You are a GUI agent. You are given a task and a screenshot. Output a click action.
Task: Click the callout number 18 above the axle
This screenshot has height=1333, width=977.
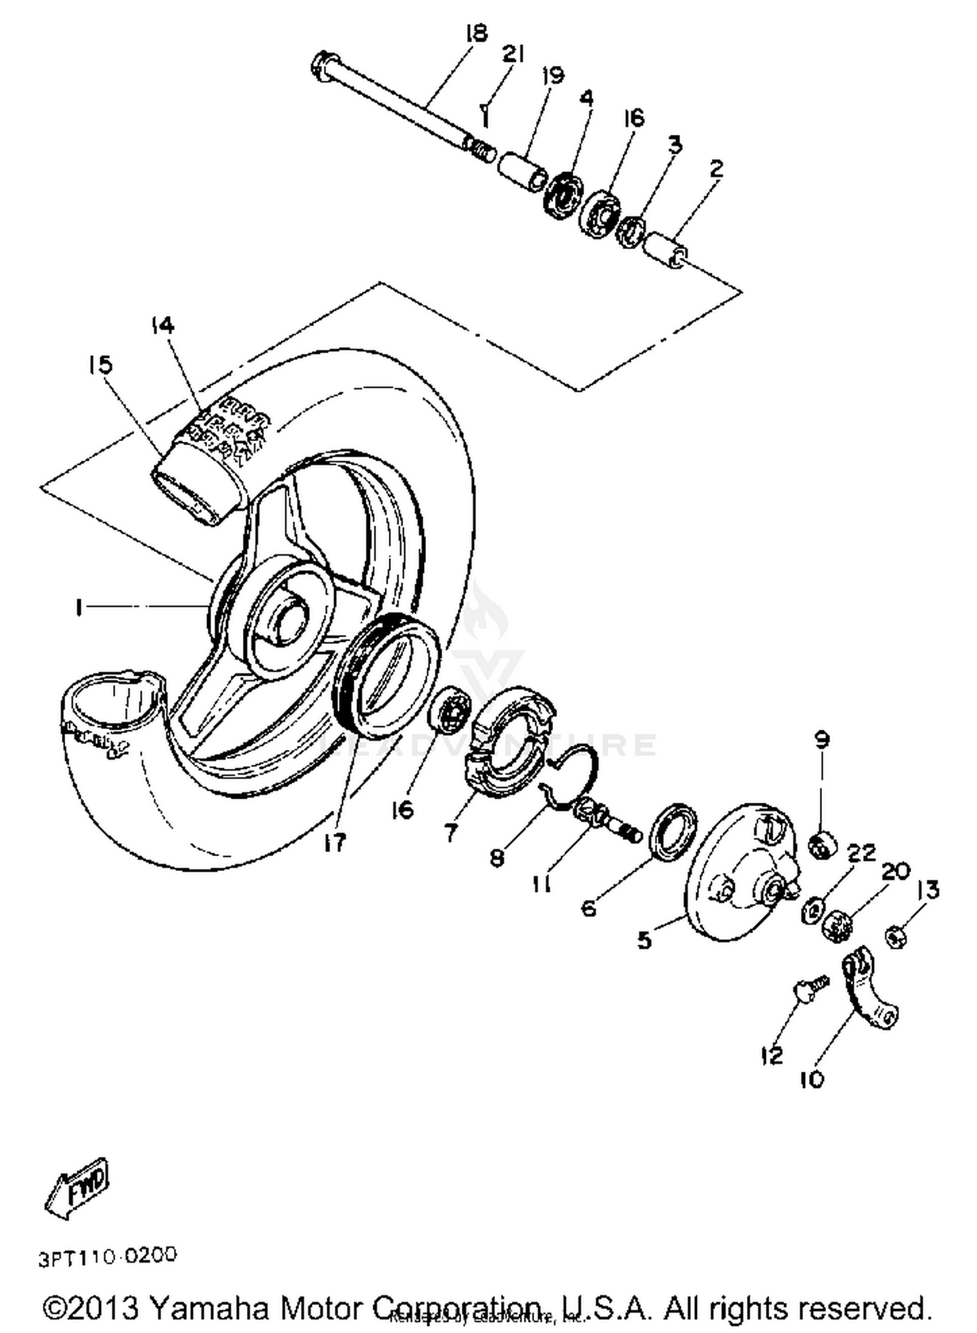pos(477,33)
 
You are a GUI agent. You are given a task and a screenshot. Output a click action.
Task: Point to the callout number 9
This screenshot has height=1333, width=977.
pos(822,739)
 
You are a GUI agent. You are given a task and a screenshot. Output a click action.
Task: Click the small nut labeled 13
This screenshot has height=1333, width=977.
pos(897,938)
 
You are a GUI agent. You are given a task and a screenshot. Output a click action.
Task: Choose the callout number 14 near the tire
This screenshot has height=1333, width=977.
pos(163,325)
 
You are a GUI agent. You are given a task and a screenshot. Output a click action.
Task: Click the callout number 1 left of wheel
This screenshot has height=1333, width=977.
pos(79,609)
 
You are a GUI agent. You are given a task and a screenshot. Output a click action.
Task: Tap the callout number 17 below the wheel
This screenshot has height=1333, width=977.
pos(335,842)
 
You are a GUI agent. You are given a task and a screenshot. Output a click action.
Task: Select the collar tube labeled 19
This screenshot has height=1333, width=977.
pos(520,169)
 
